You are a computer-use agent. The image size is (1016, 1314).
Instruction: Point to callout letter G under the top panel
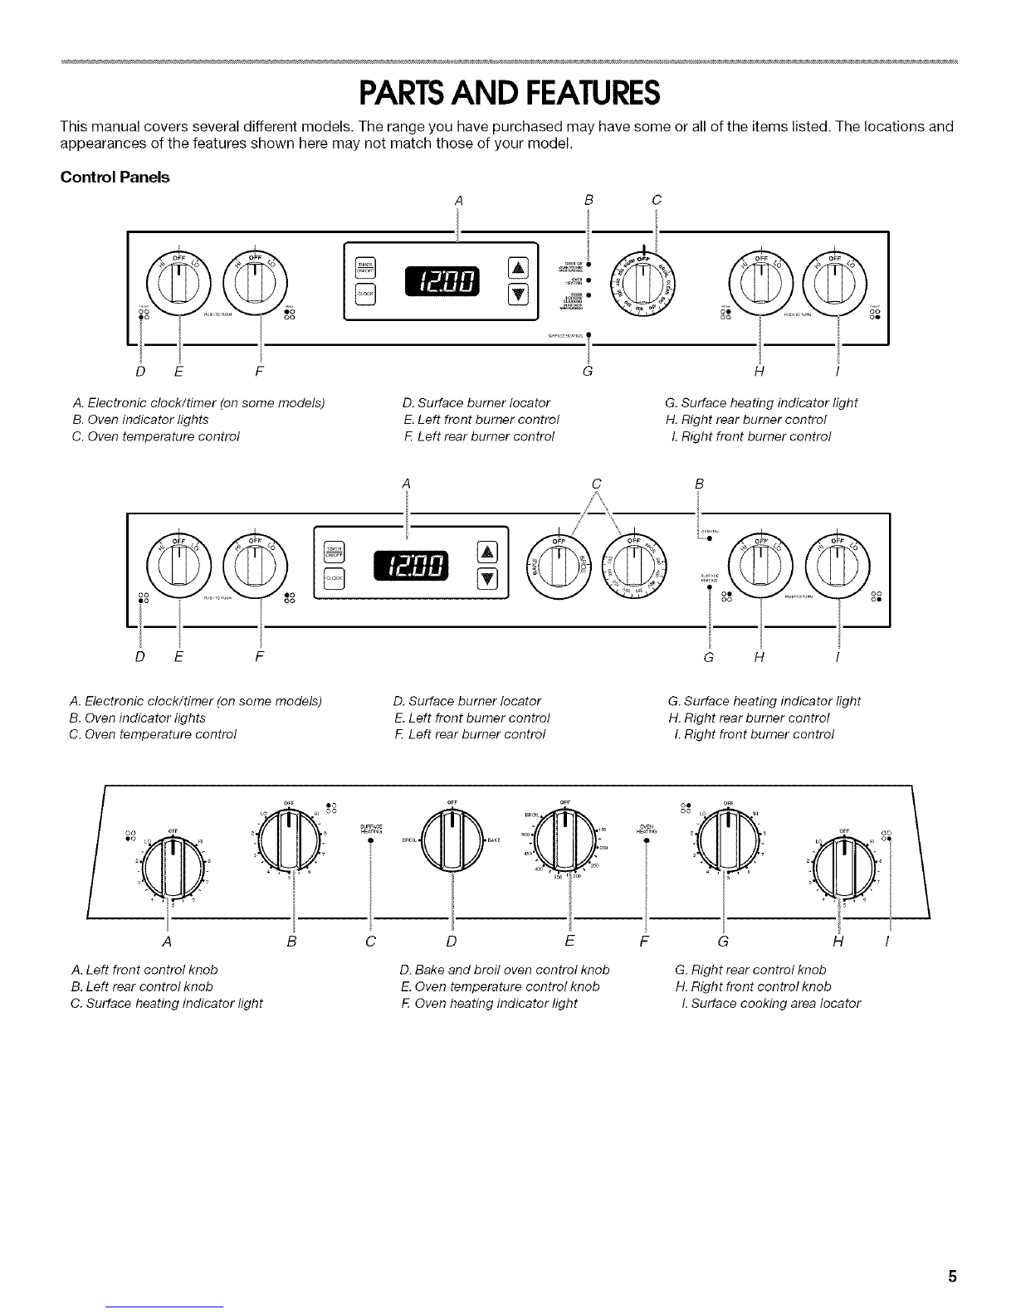coord(588,370)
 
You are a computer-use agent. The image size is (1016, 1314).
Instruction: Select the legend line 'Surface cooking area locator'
coord(769,1003)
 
